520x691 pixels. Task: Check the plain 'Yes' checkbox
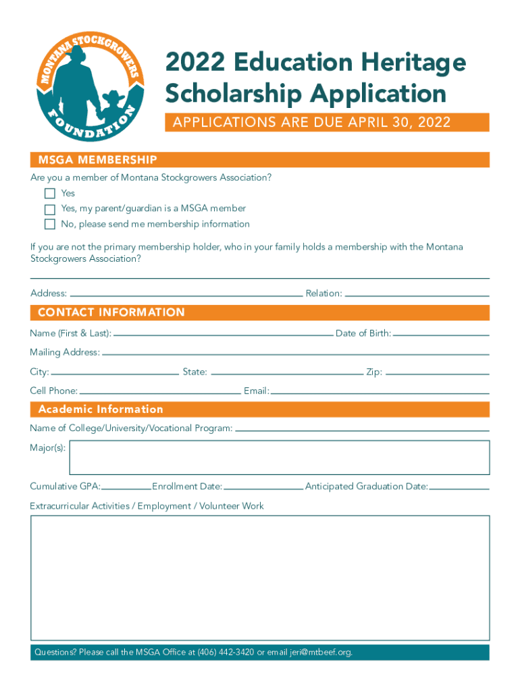click(x=49, y=194)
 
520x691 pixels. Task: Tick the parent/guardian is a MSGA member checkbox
click(x=49, y=209)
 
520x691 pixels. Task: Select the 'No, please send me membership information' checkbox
click(x=49, y=224)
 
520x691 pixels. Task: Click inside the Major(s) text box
click(x=280, y=458)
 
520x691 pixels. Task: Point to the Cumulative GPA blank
click(x=126, y=486)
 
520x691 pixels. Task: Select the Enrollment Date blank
click(x=263, y=486)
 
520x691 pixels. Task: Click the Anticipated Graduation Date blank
click(x=459, y=486)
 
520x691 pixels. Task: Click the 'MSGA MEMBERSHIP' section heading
click(x=98, y=160)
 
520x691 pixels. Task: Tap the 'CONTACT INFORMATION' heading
click(x=111, y=312)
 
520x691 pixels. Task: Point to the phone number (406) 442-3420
click(x=226, y=653)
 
